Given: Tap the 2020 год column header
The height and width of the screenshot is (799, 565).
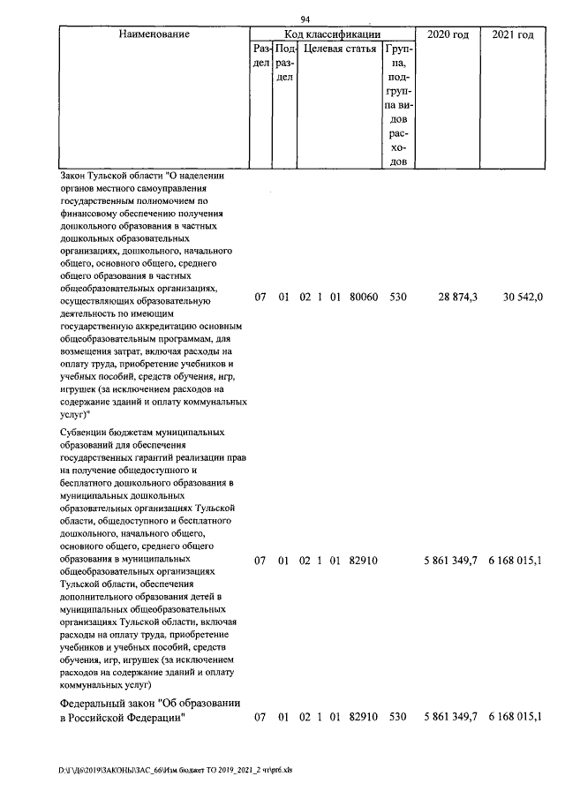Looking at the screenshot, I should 447,34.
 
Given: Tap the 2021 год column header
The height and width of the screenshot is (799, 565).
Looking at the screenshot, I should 512,34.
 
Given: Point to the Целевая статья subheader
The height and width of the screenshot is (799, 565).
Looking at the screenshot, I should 340,49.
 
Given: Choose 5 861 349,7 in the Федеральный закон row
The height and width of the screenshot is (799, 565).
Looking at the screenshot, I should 450,717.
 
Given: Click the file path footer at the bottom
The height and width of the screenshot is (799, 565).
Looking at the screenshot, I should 181,770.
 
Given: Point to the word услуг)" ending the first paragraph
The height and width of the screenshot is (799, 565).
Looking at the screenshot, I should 77,412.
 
